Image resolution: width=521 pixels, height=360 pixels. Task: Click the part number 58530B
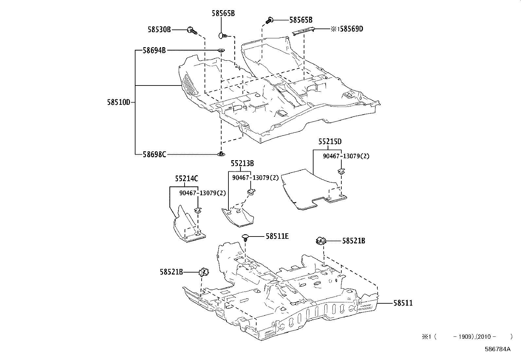click(159, 30)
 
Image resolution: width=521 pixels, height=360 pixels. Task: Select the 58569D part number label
click(351, 29)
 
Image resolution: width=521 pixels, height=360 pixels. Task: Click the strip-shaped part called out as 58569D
click(304, 30)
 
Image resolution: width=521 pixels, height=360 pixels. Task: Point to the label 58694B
click(154, 50)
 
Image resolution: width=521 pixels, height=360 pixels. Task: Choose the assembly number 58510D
click(118, 102)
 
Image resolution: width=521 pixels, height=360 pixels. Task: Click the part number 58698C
click(154, 154)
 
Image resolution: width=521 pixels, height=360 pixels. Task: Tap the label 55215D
click(330, 142)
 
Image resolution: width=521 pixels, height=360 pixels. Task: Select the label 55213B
click(242, 163)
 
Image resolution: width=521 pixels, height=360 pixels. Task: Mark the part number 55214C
click(187, 179)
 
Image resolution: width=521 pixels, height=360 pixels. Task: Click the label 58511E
click(277, 236)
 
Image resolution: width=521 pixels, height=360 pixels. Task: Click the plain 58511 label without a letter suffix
click(403, 303)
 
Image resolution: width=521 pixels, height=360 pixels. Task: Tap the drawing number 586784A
click(497, 349)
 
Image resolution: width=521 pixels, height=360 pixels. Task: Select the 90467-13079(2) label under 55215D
click(346, 156)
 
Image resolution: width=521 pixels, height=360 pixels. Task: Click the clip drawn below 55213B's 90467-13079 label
click(251, 192)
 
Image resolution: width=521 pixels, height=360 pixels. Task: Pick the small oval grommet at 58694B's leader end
click(222, 50)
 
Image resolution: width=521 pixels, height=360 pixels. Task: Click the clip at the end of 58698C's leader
click(222, 154)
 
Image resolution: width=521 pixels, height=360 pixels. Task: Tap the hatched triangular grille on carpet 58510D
click(189, 85)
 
